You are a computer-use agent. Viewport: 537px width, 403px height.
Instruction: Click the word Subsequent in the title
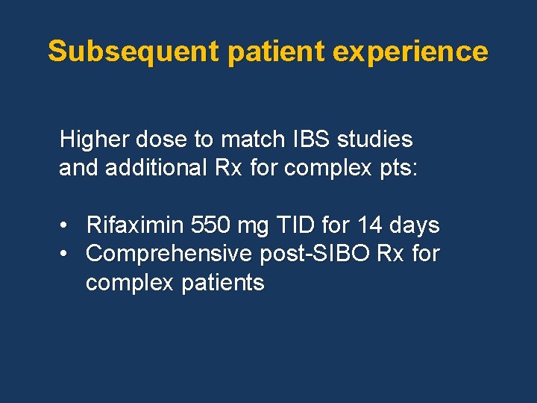coord(132,51)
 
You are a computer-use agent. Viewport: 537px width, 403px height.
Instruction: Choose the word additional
coord(154,168)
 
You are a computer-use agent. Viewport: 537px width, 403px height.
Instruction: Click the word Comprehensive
coord(169,254)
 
